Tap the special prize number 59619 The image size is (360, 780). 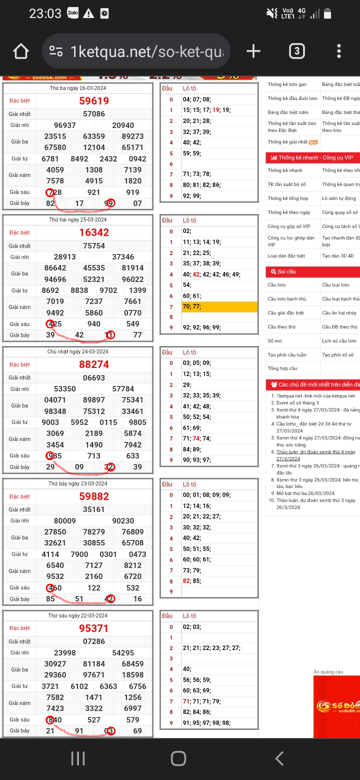(x=94, y=101)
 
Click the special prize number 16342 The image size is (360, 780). (x=94, y=232)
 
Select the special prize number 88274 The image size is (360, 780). (x=94, y=364)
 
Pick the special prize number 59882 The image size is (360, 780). (x=94, y=496)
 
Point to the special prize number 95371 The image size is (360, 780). (x=94, y=628)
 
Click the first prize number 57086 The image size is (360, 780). (x=94, y=114)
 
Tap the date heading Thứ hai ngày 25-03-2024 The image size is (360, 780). (x=78, y=220)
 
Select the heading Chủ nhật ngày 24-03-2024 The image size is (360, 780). (x=78, y=352)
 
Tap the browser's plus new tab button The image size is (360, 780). (x=253, y=51)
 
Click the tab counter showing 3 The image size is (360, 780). (x=296, y=51)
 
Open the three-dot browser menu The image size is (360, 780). (x=339, y=51)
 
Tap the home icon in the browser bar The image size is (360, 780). (x=21, y=51)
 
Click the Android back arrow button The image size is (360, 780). (x=279, y=758)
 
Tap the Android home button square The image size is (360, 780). (x=178, y=758)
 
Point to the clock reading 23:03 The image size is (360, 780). (x=45, y=13)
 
